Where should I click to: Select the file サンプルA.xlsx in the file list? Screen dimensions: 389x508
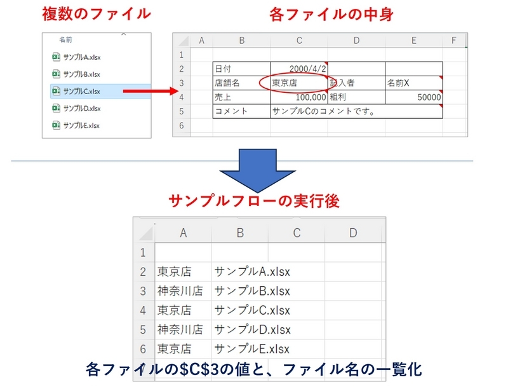[x=82, y=57]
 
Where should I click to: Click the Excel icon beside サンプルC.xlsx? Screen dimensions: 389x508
[x=55, y=91]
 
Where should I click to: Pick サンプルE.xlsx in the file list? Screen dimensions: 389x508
[x=82, y=125]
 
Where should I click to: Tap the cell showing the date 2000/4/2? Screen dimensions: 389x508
[x=298, y=69]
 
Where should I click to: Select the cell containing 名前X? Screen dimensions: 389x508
[x=413, y=83]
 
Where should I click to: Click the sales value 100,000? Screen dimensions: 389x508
[x=298, y=97]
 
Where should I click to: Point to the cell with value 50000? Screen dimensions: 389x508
[x=413, y=97]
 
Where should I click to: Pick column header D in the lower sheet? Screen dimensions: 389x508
[x=353, y=233]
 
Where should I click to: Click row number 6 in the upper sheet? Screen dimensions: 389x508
[x=182, y=126]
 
